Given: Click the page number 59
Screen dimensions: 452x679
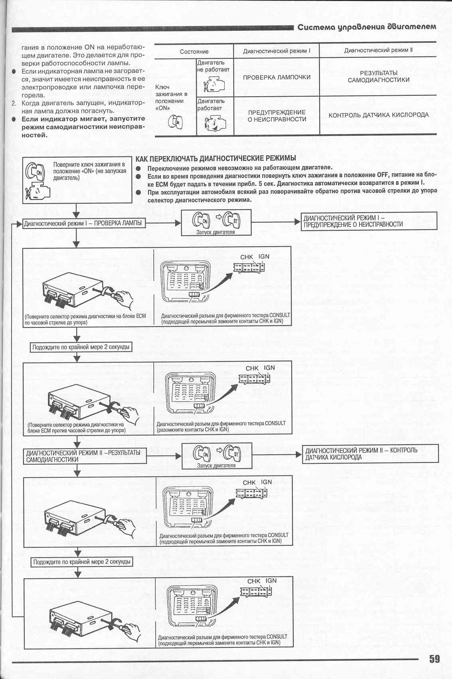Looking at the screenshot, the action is coord(434,659).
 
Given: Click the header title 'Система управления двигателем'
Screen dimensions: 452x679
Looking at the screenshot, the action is coord(367,27).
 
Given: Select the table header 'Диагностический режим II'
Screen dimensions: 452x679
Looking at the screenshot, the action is coord(378,50).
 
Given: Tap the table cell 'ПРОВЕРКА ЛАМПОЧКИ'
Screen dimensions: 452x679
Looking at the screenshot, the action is coord(276,77).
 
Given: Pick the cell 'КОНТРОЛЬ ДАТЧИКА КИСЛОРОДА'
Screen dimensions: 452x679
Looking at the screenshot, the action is coord(378,115).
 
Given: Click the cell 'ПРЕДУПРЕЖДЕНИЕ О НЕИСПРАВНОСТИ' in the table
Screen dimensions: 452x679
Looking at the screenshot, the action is coord(276,116).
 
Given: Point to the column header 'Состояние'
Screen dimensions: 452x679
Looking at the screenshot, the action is coord(194,51).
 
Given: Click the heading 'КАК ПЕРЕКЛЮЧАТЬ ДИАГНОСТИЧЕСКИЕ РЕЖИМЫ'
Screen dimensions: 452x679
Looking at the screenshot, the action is coord(216,158).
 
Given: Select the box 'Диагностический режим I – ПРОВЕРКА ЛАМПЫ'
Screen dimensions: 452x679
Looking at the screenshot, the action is coord(83,223).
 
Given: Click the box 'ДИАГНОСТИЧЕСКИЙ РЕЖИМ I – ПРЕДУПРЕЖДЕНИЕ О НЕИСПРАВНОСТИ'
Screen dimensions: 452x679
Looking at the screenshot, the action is coord(369,221).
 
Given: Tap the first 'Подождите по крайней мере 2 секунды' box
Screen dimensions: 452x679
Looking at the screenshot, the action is coord(81,347).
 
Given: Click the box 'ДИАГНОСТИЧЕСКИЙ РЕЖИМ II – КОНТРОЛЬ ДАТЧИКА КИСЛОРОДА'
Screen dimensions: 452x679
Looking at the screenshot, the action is coord(370,454).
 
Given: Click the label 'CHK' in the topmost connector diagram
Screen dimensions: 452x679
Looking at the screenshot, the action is coord(246,257).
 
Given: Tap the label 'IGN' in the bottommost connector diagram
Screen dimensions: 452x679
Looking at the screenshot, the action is coord(271,581).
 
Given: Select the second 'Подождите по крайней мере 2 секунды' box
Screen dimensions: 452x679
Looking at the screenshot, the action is coord(82,562).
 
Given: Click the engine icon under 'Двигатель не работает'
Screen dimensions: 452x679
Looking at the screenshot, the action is coord(214,85).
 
